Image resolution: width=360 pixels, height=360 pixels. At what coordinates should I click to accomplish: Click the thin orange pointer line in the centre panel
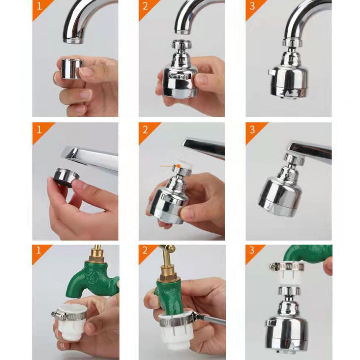click(x=166, y=166)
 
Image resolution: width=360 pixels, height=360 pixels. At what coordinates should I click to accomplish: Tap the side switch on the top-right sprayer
click(x=272, y=72)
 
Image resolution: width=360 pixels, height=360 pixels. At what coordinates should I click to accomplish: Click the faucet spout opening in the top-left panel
click(x=73, y=40)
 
